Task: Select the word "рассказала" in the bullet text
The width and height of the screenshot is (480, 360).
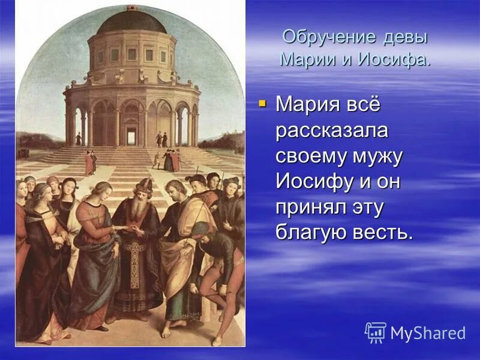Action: pos(331,130)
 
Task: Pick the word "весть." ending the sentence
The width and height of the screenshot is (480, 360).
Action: pos(382,232)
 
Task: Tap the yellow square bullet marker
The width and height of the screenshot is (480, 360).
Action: pos(262,104)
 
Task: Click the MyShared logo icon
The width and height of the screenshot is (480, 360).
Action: pos(376,332)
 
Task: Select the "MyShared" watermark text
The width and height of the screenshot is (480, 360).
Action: pos(427,333)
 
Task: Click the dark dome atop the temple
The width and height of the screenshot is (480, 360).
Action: pos(132,23)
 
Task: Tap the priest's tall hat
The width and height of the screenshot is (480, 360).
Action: pos(145,183)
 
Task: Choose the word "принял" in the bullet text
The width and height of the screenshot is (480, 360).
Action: pos(307,206)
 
